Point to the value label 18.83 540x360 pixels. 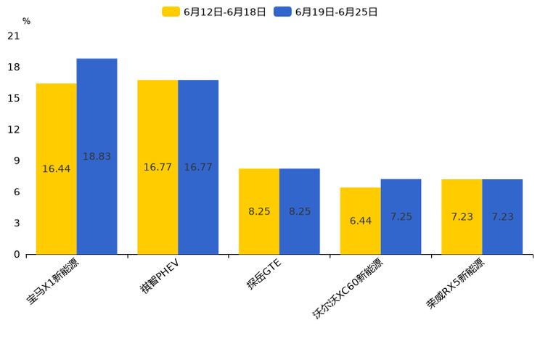click(97, 157)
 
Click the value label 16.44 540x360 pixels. click(57, 169)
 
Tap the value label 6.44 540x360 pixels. click(360, 221)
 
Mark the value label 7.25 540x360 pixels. click(401, 217)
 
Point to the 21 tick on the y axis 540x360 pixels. click(14, 36)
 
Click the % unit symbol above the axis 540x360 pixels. click(26, 22)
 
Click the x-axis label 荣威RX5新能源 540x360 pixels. click(456, 284)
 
